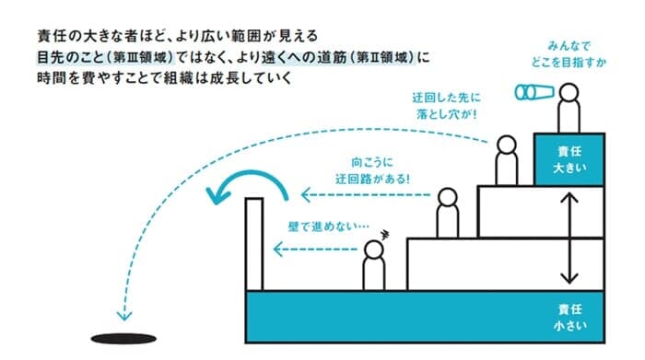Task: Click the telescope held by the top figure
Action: click(x=534, y=92)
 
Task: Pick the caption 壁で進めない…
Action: click(x=316, y=225)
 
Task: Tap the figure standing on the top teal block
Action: click(x=568, y=109)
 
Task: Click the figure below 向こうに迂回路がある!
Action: click(x=448, y=213)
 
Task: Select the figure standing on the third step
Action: click(x=505, y=160)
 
